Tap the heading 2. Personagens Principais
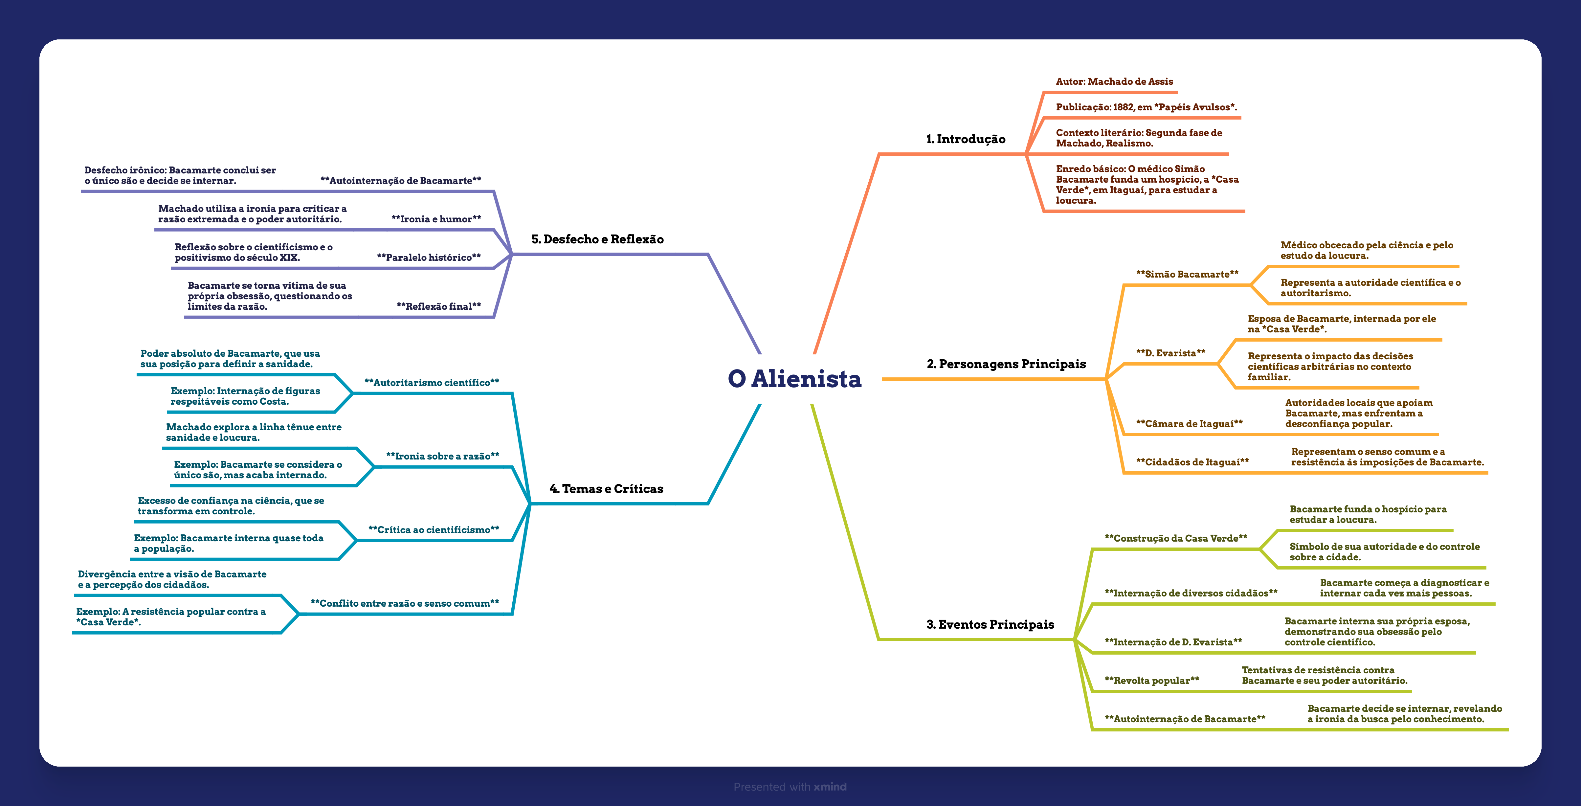[1006, 364]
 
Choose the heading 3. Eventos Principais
[990, 624]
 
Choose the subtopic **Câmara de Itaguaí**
[1189, 424]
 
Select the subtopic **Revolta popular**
[1151, 680]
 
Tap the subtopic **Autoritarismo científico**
[432, 382]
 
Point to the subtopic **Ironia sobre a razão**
[442, 456]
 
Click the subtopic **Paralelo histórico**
[428, 257]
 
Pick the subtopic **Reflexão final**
[438, 306]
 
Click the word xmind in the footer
[830, 787]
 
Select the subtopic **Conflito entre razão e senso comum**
[405, 603]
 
